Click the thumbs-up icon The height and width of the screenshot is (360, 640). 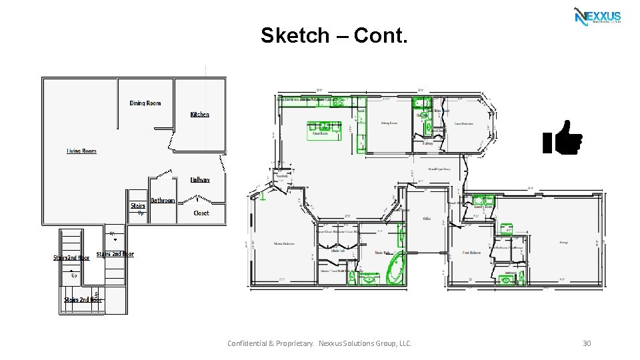(x=563, y=138)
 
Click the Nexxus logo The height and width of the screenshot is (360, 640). (x=597, y=16)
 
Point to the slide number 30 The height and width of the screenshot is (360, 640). (x=587, y=343)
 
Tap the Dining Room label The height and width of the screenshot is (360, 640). (x=145, y=103)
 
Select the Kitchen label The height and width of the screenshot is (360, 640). (x=199, y=115)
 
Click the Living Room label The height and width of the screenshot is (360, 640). (x=81, y=151)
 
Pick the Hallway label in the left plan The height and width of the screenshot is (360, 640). (x=200, y=180)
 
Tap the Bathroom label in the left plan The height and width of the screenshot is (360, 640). (x=163, y=201)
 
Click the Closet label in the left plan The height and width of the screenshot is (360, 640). (x=201, y=213)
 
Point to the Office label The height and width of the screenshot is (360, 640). (x=427, y=219)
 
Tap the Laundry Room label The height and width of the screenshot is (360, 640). (x=483, y=207)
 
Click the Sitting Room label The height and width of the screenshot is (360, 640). (x=389, y=123)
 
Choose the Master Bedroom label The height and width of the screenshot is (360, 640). (x=284, y=244)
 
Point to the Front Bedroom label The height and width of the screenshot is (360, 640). (x=472, y=253)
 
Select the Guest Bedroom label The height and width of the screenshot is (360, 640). (x=464, y=123)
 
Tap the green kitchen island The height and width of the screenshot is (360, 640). (x=323, y=126)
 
